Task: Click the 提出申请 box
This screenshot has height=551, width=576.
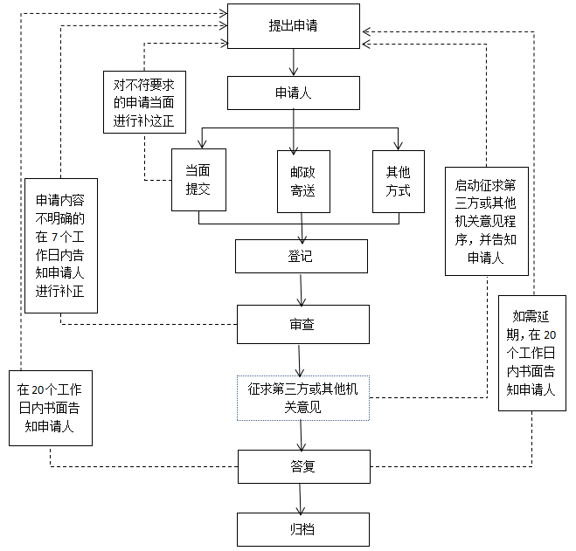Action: tap(293, 26)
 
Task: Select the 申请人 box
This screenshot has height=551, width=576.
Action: tap(293, 93)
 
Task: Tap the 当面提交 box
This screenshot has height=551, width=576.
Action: tap(198, 181)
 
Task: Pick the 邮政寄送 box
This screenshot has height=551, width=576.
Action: tap(303, 181)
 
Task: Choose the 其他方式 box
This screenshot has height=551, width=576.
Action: tap(398, 181)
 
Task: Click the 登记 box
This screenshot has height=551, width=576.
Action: tap(299, 257)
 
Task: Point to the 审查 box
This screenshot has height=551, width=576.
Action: tap(302, 324)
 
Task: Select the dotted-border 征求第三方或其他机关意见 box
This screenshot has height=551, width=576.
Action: tap(302, 397)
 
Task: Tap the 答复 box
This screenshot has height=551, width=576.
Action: tap(302, 466)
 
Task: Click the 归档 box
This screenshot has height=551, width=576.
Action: tap(302, 529)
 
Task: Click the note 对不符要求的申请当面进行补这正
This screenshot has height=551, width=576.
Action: tap(144, 103)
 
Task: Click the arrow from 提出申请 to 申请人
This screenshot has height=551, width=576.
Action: tap(294, 62)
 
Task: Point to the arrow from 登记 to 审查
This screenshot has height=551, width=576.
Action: tap(301, 290)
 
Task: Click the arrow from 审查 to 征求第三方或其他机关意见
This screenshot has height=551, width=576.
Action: tap(300, 360)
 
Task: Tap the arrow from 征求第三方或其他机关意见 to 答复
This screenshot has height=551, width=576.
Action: tap(302, 434)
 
